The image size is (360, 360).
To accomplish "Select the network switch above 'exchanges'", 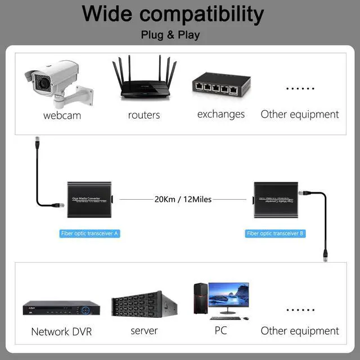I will (220, 86).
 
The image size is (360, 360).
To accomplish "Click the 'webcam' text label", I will (62, 115).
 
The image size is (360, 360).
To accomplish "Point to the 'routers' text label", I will (144, 115).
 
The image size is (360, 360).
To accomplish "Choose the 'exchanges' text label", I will (221, 114).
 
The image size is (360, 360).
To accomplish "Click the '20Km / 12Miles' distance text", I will (183, 199).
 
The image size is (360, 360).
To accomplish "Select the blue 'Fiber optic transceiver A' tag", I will (90, 233).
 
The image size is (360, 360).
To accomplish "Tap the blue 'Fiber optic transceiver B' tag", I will (276, 233).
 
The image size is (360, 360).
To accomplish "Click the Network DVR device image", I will (61, 309).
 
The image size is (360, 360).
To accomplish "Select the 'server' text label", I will (144, 331).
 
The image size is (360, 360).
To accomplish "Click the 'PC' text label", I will (220, 330).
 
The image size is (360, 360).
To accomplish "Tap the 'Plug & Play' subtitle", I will (170, 35).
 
